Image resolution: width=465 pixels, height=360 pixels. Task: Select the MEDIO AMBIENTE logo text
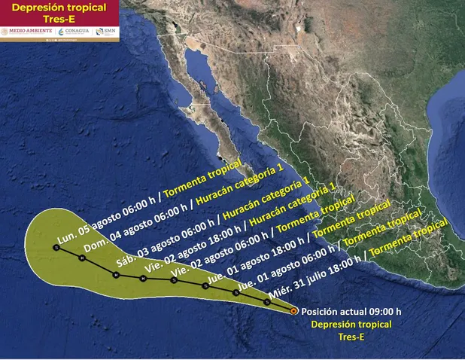click(x=29, y=31)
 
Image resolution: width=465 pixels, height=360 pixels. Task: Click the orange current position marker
click(x=293, y=310)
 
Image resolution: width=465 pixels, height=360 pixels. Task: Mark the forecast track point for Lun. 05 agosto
click(x=56, y=247)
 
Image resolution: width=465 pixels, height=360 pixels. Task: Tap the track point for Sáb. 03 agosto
click(x=116, y=275)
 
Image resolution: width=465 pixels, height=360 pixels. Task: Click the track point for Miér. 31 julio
click(x=267, y=302)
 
